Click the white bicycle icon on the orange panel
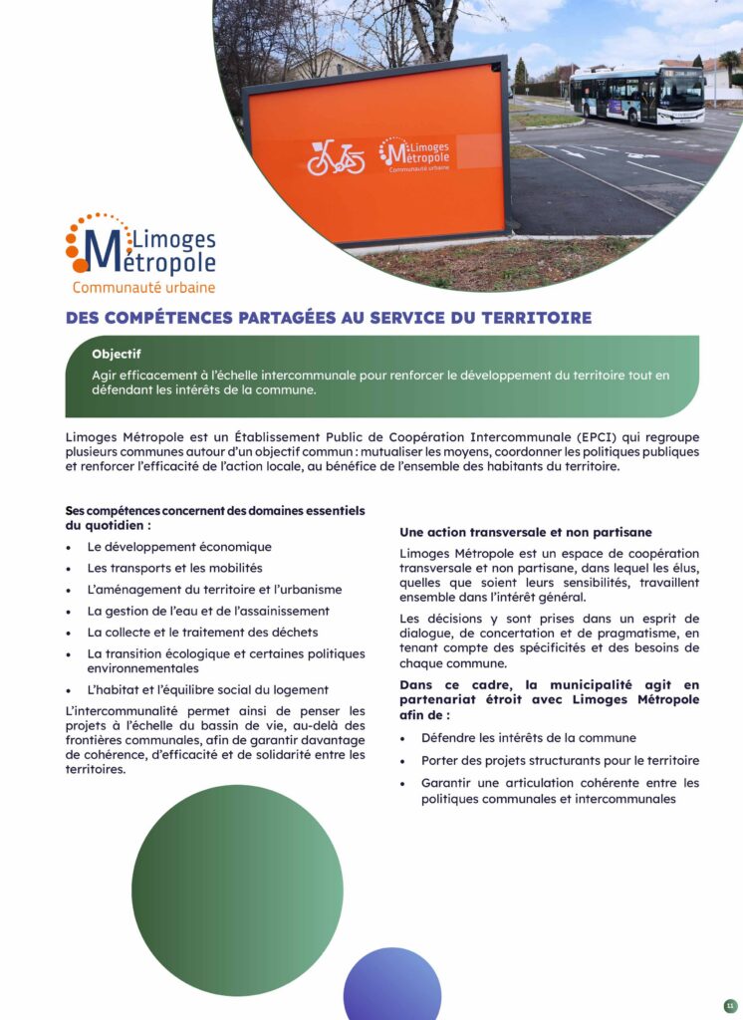click(x=335, y=157)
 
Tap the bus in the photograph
click(x=638, y=96)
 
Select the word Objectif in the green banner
click(x=117, y=354)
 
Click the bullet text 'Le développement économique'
click(x=179, y=547)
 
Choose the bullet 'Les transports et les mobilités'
click(x=174, y=568)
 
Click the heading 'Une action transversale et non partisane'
click(x=526, y=532)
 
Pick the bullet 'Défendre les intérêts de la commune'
click(x=528, y=738)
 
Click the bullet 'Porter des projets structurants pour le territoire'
click(x=560, y=760)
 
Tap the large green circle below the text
click(x=237, y=890)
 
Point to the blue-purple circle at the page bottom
click(x=392, y=986)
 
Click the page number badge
click(x=729, y=1005)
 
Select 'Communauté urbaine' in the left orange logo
click(x=143, y=288)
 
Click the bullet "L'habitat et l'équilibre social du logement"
click(x=207, y=689)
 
